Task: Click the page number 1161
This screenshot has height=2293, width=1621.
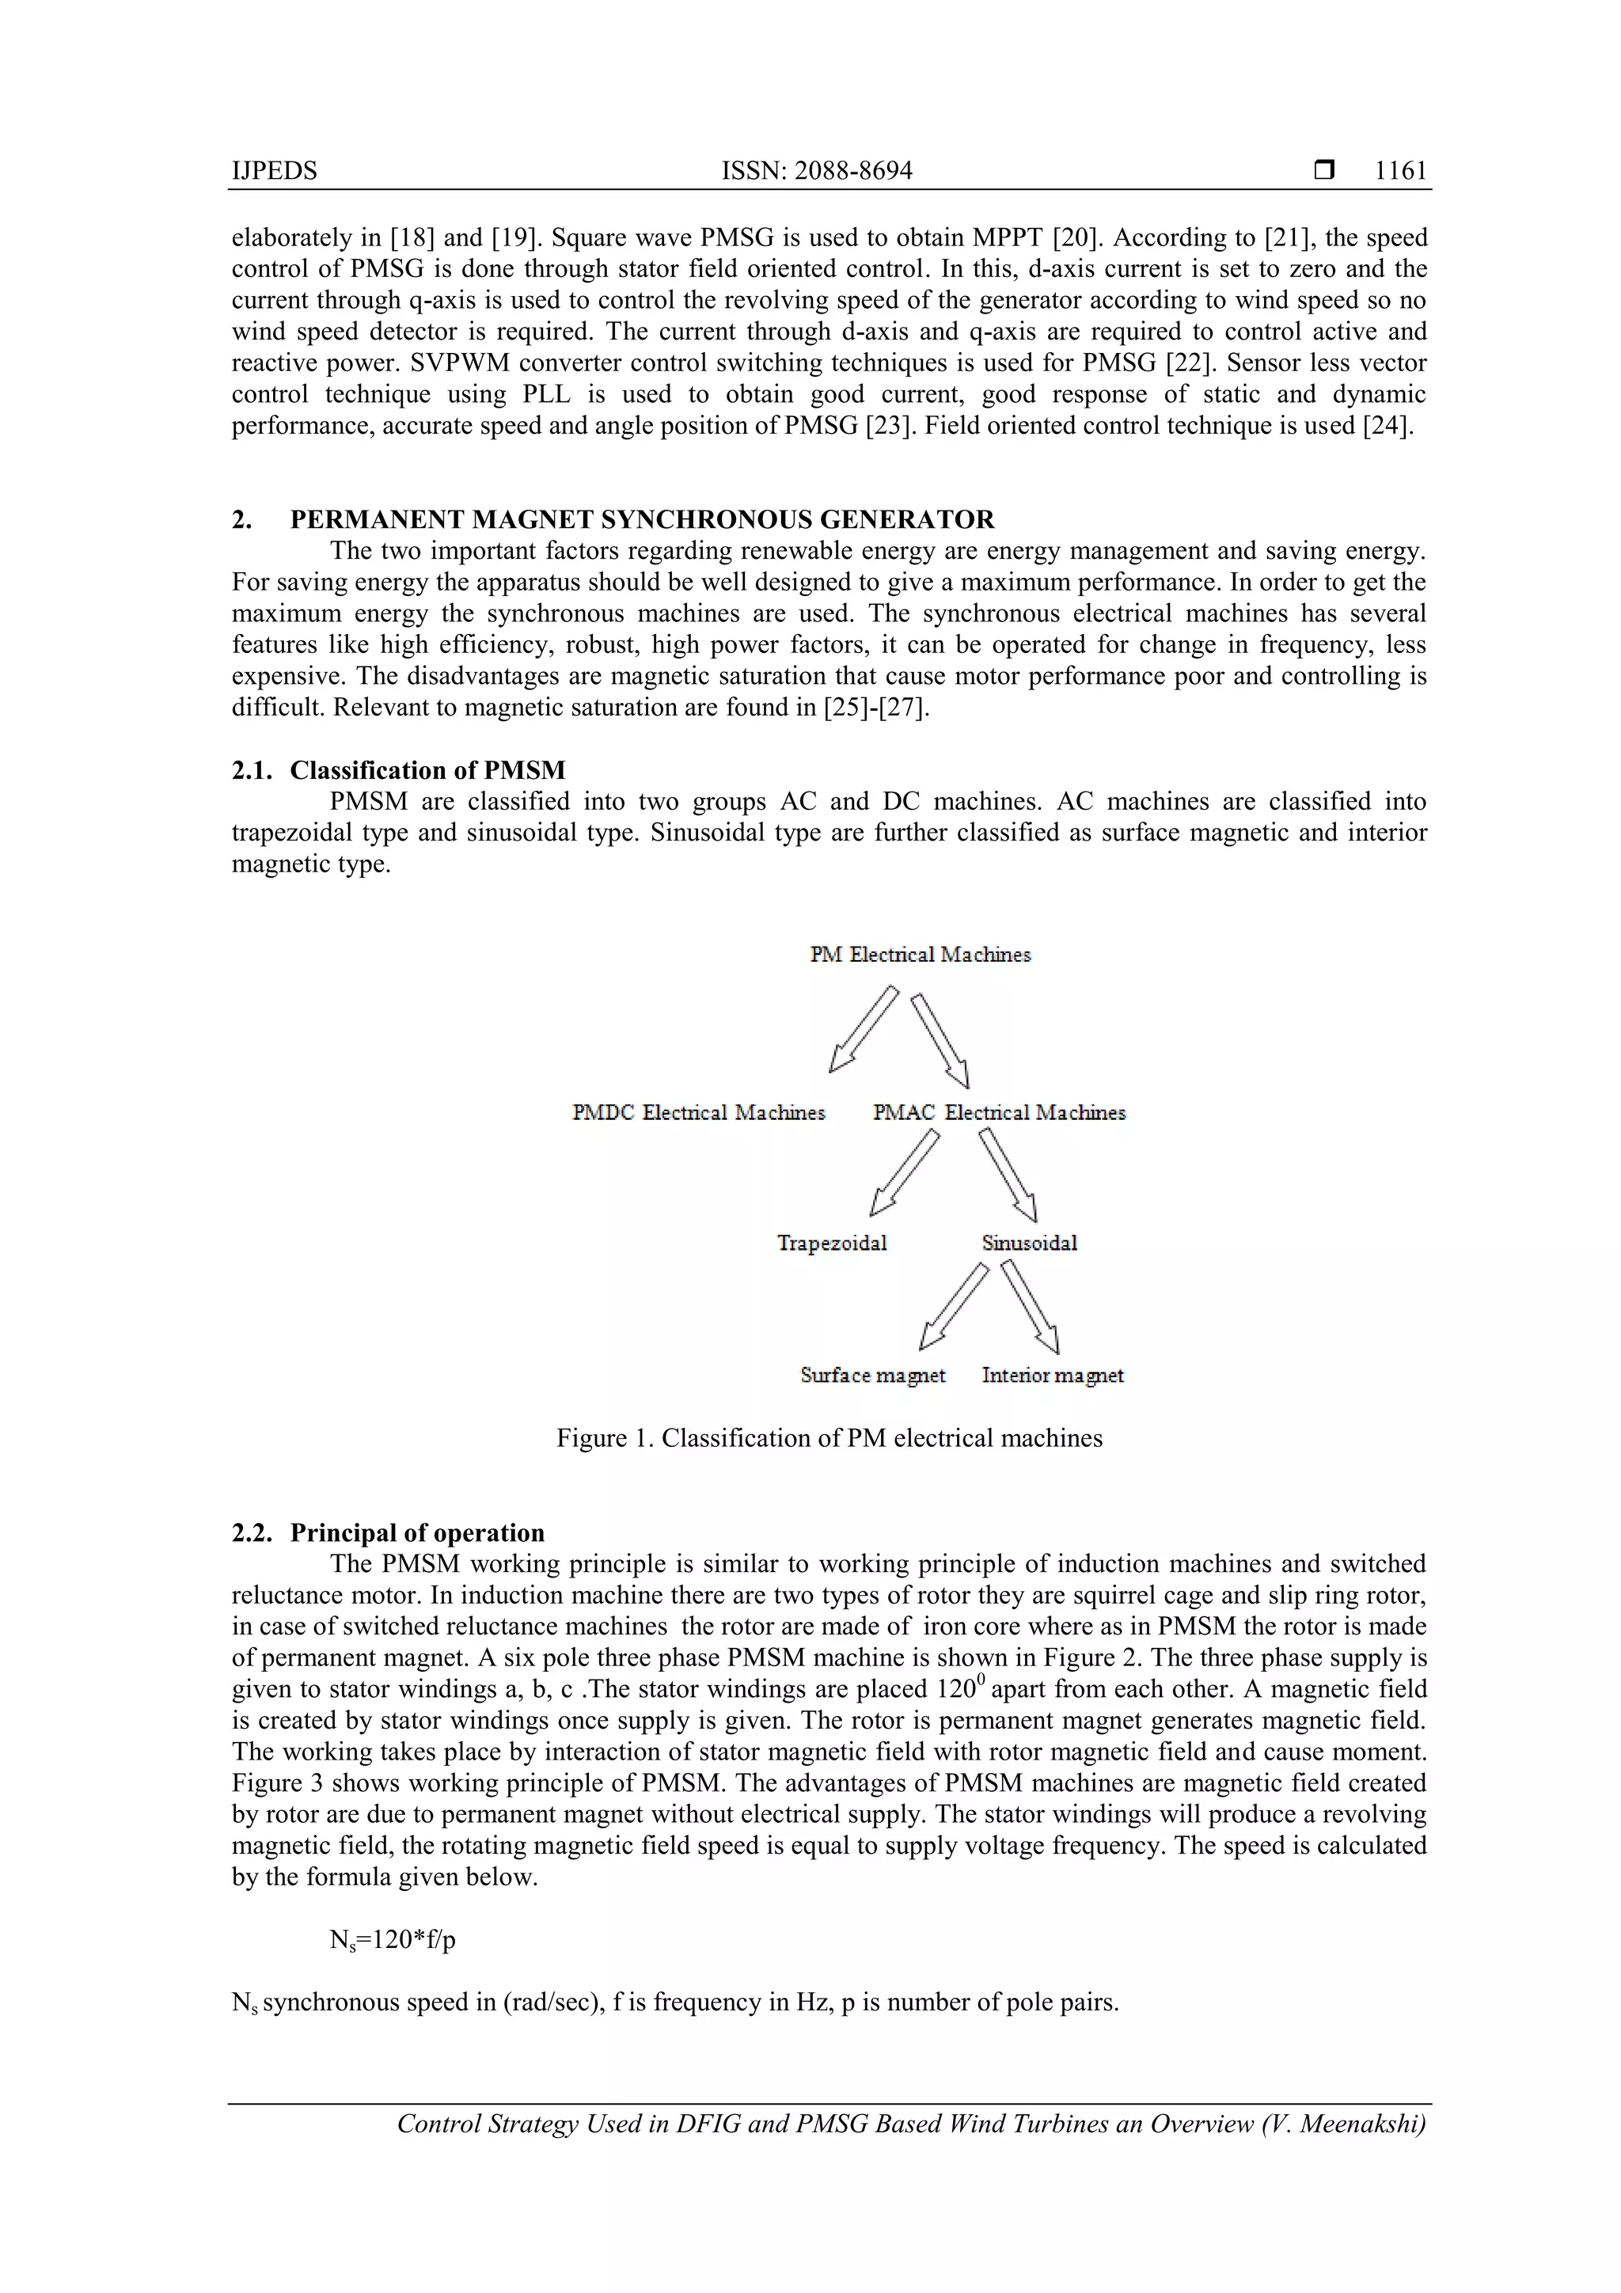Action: pos(1400,171)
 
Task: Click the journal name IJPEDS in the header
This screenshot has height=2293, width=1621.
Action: pos(275,171)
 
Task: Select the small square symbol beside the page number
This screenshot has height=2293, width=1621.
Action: pos(1324,171)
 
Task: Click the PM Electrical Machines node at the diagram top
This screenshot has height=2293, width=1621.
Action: pos(920,955)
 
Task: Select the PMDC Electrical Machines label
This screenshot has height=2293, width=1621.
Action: pos(698,1113)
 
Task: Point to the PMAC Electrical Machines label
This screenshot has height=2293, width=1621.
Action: pos(999,1113)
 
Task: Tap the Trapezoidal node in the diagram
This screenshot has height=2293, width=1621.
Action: pos(832,1243)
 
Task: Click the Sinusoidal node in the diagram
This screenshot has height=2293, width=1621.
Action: pos(1029,1243)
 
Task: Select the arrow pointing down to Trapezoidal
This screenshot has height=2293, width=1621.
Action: pos(904,1174)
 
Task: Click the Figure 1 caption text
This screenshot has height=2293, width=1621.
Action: pos(829,1438)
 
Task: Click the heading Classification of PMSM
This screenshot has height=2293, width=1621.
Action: pos(427,770)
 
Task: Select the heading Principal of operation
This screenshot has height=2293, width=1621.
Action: pos(417,1533)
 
